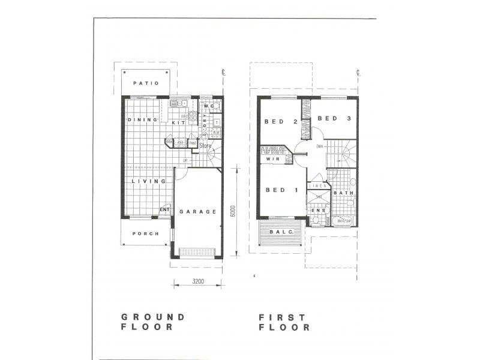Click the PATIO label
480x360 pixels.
[146, 83]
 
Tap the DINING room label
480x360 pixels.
[142, 119]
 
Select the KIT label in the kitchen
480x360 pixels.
[178, 122]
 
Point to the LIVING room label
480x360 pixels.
[149, 181]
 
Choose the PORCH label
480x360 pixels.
[145, 234]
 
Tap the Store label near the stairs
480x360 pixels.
[206, 146]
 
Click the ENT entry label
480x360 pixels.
[165, 209]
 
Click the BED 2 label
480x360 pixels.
[281, 122]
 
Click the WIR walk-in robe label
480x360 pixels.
[272, 158]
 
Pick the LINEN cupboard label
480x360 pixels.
[317, 186]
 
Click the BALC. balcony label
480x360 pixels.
[281, 232]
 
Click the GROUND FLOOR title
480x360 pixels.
[153, 322]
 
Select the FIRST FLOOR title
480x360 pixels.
[284, 322]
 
